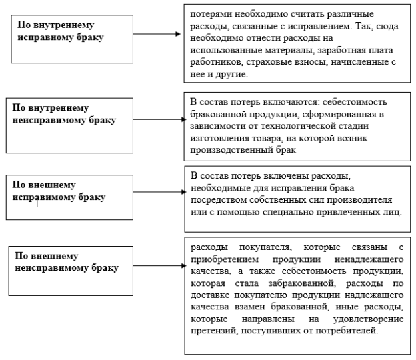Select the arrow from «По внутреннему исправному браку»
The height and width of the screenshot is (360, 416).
pos(157,34)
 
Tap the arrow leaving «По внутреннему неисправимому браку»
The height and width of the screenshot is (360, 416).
pos(160,119)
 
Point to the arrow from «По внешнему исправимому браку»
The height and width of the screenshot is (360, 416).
pos(160,192)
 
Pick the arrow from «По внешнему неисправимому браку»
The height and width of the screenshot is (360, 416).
pos(160,265)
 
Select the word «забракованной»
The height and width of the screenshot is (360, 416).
pos(302,283)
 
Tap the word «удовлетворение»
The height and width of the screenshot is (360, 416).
pos(368,319)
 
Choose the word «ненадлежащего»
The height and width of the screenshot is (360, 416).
pos(369,259)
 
